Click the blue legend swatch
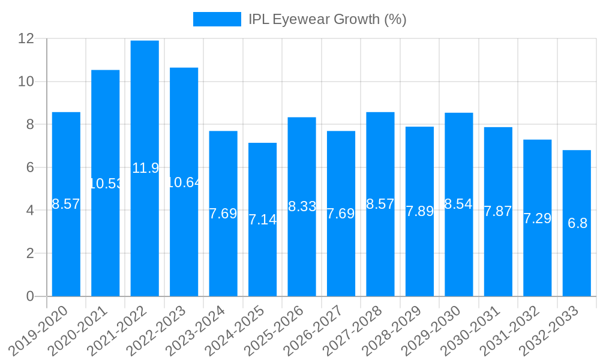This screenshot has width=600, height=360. [217, 19]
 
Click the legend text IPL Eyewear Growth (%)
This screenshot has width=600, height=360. [328, 19]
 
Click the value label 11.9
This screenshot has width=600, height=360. [145, 168]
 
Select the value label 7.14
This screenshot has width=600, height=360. [263, 220]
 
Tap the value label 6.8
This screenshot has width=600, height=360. [577, 223]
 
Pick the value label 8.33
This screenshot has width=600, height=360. [302, 206]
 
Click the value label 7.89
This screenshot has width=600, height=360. [419, 211]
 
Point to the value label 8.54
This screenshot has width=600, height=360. [459, 204]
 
